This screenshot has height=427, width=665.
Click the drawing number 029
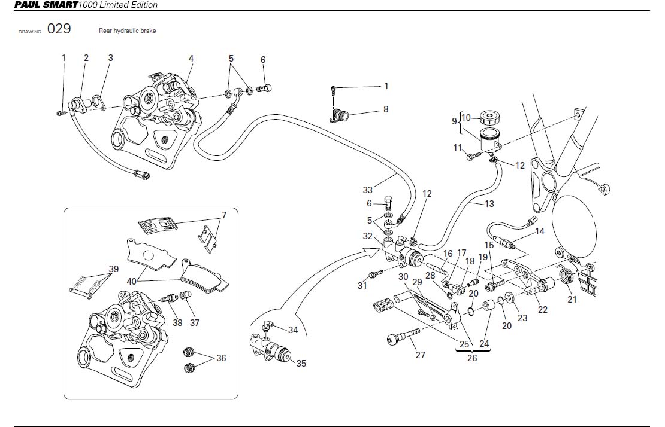(59, 29)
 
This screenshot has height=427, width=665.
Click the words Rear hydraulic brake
(127, 30)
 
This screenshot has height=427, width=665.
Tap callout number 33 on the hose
(367, 190)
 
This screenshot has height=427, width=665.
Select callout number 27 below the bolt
(420, 355)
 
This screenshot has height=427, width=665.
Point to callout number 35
(301, 363)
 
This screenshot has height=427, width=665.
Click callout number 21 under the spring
(572, 299)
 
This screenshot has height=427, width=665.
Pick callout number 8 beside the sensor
(386, 109)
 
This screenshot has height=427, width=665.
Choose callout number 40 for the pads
(132, 280)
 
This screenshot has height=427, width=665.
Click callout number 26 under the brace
(471, 358)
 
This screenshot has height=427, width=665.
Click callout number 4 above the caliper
(191, 59)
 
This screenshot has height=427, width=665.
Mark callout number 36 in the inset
(221, 358)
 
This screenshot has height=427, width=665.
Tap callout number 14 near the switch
(540, 231)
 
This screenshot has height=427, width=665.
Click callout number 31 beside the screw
(362, 286)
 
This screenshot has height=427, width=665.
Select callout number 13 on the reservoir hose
(489, 204)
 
